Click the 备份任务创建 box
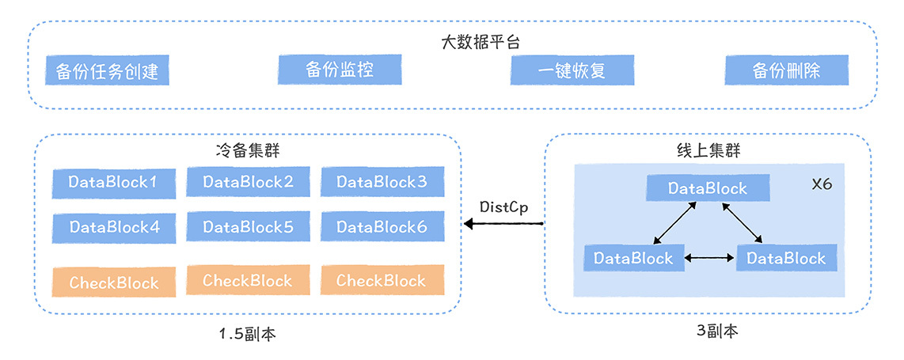click(108, 71)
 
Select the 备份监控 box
click(340, 70)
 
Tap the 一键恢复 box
click(572, 70)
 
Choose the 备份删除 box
click(786, 70)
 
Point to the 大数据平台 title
click(480, 41)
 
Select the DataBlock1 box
click(113, 182)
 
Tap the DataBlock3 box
click(382, 182)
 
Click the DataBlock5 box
click(248, 227)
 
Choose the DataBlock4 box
click(113, 227)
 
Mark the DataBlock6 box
click(382, 227)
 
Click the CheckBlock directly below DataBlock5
click(248, 280)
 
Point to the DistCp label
click(503, 207)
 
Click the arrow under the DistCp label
click(503, 225)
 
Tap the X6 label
click(822, 184)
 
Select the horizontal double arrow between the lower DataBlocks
click(710, 258)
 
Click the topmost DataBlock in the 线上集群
click(708, 188)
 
